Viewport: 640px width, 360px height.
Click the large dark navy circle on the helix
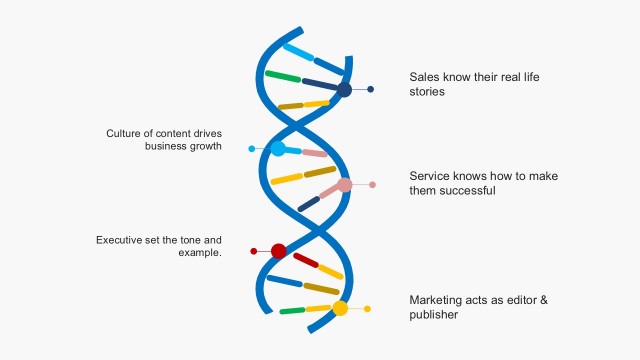[344, 90]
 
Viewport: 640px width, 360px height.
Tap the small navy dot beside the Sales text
[371, 90]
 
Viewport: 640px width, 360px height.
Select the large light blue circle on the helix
[279, 149]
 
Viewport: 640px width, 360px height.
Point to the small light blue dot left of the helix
[252, 149]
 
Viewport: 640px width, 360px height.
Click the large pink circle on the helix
[345, 185]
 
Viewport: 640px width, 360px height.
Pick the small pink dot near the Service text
[372, 185]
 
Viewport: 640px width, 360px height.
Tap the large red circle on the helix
[279, 251]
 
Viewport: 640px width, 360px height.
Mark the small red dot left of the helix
[254, 251]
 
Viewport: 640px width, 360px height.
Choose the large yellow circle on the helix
[340, 308]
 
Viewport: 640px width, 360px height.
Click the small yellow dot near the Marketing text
[367, 308]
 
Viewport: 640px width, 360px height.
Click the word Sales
[425, 76]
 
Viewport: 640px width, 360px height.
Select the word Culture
[126, 133]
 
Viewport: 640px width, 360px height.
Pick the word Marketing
[436, 299]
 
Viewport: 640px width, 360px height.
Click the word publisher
[434, 314]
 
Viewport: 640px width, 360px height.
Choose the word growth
[205, 146]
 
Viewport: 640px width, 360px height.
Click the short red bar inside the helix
[306, 261]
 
